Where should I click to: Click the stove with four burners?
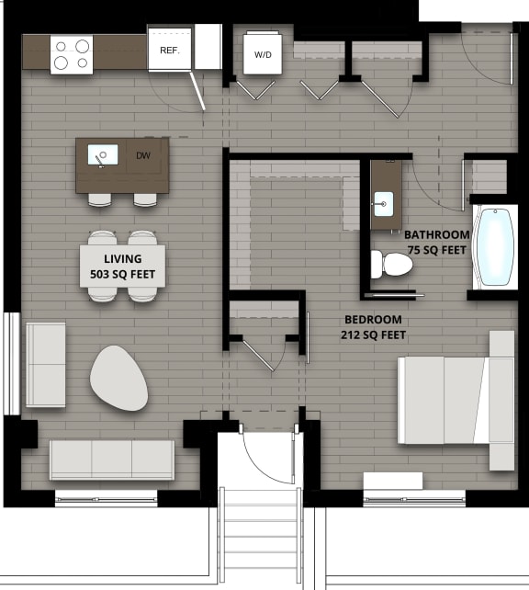pos(71,53)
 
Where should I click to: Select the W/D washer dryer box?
pos(263,54)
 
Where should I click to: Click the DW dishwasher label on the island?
pos(143,156)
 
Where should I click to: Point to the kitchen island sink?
pos(102,155)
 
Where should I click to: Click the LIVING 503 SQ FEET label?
pos(122,267)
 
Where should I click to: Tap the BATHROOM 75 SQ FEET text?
pos(437,242)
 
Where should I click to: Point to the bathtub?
pos(496,247)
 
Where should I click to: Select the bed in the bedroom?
pos(455,400)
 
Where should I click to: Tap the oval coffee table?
pos(118,377)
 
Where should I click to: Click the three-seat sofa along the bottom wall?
pos(111,460)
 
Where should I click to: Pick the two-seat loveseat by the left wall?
pos(45,365)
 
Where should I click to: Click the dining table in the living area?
pos(122,266)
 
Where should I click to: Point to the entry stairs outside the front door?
pos(261,533)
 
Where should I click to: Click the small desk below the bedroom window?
pos(392,481)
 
